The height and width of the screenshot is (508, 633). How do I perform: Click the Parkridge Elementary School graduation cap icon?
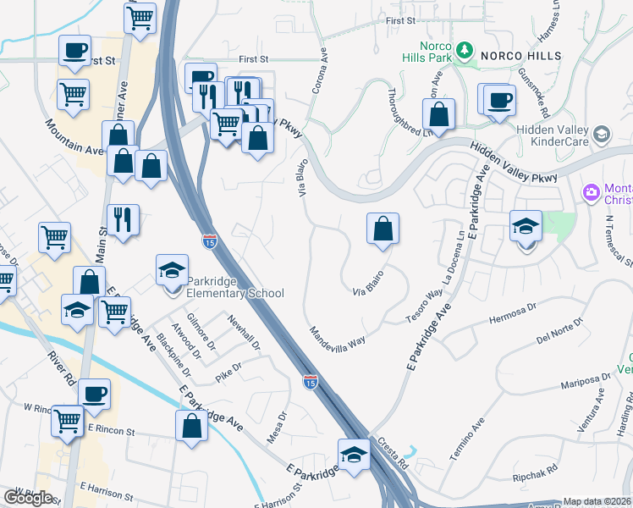coord(172,271)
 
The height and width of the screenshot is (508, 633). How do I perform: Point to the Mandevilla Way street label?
coord(336,336)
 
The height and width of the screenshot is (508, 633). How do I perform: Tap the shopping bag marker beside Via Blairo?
coord(383,229)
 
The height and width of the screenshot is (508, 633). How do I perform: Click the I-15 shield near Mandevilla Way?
coord(311,383)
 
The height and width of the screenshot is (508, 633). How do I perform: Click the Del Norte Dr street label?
coord(560,332)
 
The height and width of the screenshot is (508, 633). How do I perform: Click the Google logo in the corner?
coord(28,497)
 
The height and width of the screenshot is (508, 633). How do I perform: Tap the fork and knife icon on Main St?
coord(123,220)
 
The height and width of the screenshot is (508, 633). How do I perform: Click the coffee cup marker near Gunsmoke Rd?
coord(498,99)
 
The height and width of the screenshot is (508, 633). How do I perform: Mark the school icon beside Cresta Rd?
coord(353,455)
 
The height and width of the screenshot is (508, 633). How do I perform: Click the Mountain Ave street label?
coord(74,137)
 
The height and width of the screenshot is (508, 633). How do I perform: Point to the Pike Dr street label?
coord(228,372)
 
